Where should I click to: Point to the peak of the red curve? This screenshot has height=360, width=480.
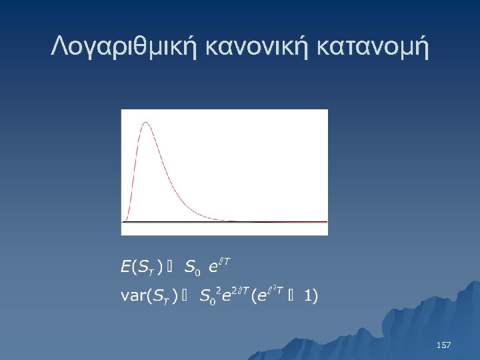coord(145,123)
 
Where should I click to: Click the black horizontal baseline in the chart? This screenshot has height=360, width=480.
coord(227,221)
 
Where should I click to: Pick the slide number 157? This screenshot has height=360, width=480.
coord(443,345)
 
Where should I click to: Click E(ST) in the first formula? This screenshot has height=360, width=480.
coord(141,268)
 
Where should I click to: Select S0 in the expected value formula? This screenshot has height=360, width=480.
coord(191,269)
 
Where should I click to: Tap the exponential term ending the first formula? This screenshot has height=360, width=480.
coord(219,266)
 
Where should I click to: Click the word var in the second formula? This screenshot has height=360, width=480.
coord(131,296)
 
